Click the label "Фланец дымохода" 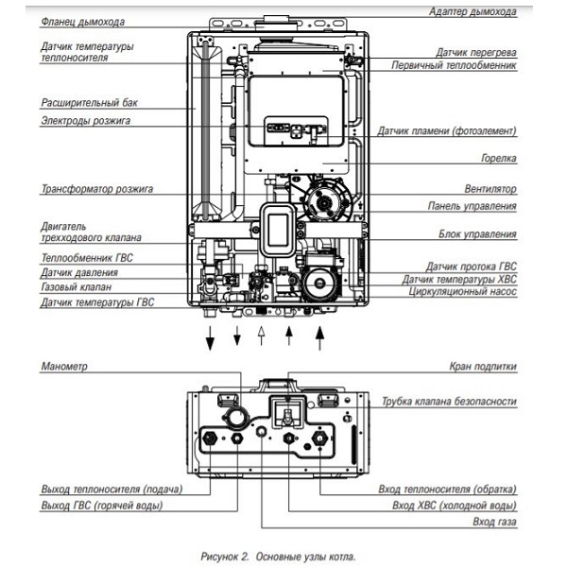pyautogui.click(x=83, y=22)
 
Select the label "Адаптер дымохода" pyautogui.click(x=472, y=11)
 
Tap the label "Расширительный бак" pyautogui.click(x=90, y=103)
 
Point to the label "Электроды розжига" pyautogui.click(x=85, y=120)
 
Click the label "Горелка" pyautogui.click(x=499, y=158)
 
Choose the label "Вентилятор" pyautogui.click(x=490, y=189)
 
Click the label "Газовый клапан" pyautogui.click(x=76, y=287)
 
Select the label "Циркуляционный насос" pyautogui.click(x=462, y=291)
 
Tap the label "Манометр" pyautogui.click(x=64, y=366)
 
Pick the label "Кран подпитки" pyautogui.click(x=483, y=367)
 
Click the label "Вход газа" pyautogui.click(x=494, y=522)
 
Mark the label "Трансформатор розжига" pyautogui.click(x=97, y=189)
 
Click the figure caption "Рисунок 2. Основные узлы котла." pyautogui.click(x=279, y=557)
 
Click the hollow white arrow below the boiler pyautogui.click(x=261, y=335)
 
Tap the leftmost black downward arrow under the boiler pyautogui.click(x=210, y=337)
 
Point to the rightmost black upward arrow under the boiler pyautogui.click(x=319, y=337)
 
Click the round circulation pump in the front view pyautogui.click(x=318, y=283)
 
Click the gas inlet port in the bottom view pyautogui.click(x=261, y=432)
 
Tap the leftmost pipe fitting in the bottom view pyautogui.click(x=210, y=438)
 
